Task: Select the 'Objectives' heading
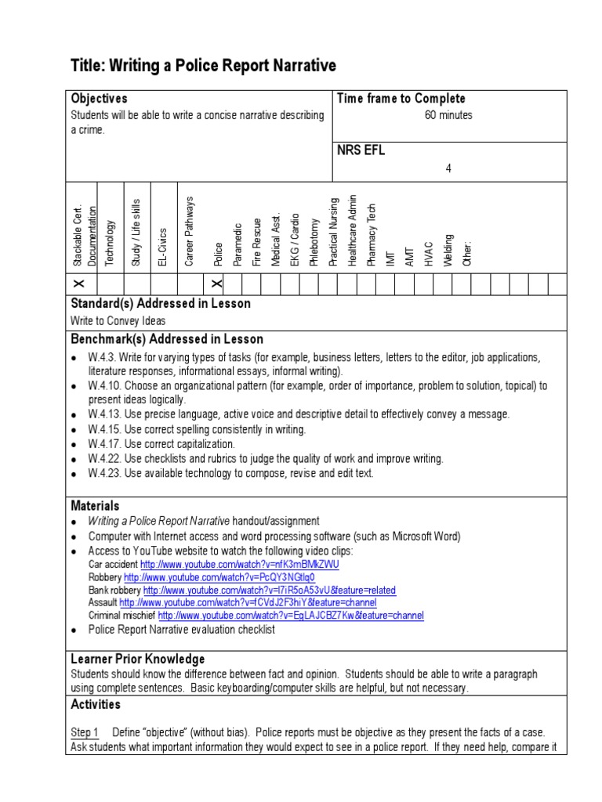tap(99, 99)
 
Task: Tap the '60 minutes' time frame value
tap(448, 115)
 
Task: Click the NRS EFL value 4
tap(448, 168)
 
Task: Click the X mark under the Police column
tap(217, 284)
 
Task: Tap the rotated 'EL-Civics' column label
tap(162, 247)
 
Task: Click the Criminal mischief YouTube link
tap(290, 616)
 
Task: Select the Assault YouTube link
tap(247, 603)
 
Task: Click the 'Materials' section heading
tap(95, 506)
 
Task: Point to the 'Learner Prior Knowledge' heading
tap(138, 659)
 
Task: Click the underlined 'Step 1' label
tap(85, 732)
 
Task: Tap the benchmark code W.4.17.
tap(104, 444)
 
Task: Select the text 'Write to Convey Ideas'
tap(118, 320)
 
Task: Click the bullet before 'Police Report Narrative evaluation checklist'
tap(74, 630)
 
